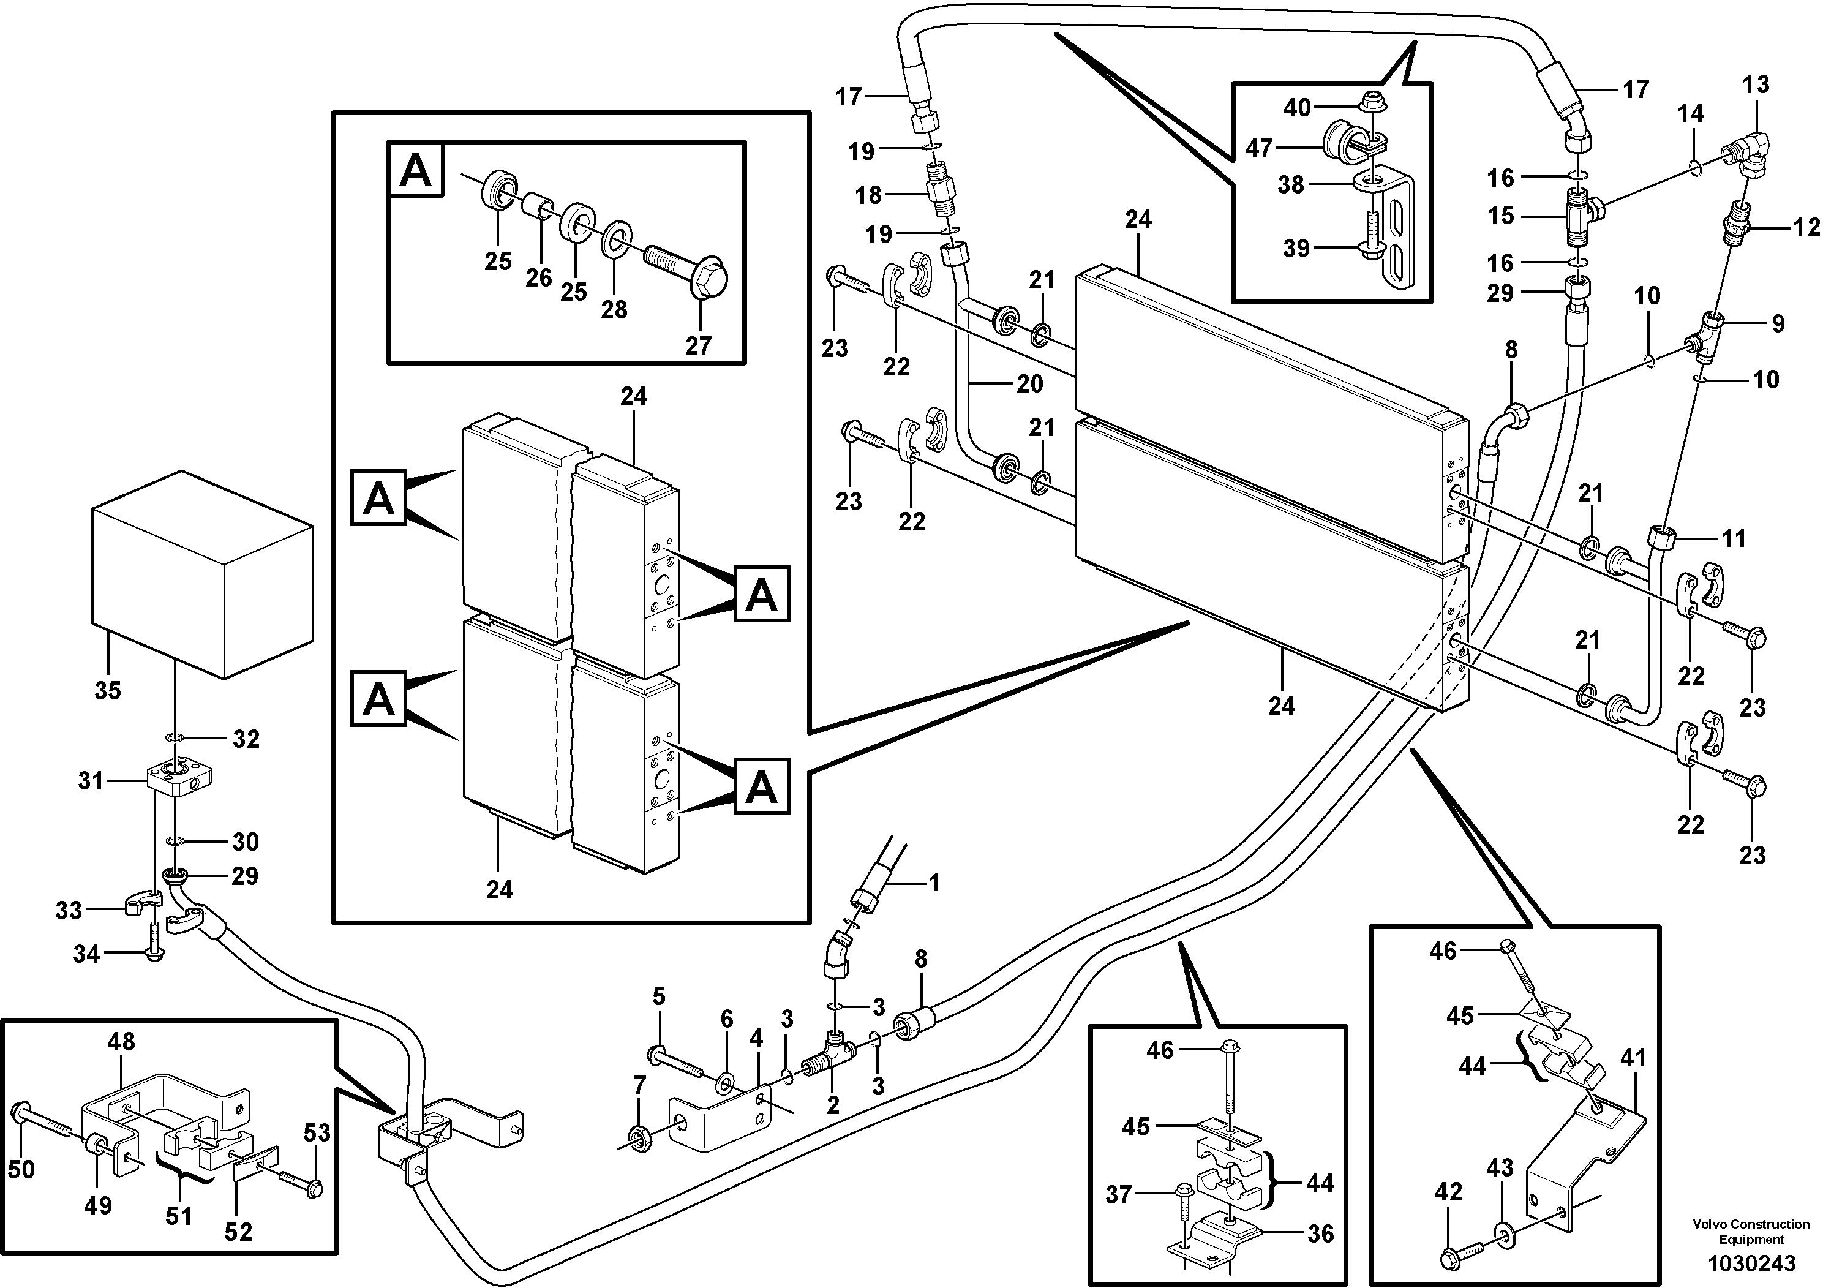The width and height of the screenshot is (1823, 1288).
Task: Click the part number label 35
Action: (x=108, y=690)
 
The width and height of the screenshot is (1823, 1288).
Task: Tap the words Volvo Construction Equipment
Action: (x=1751, y=1231)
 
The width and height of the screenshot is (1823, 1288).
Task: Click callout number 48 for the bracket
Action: (x=121, y=1041)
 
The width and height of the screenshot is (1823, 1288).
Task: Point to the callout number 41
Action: (x=1634, y=1058)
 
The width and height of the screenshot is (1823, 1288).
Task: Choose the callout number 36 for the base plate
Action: (x=1320, y=1233)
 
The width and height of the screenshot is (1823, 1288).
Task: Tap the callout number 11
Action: (x=1734, y=538)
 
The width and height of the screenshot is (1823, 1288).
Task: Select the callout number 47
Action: (x=1259, y=148)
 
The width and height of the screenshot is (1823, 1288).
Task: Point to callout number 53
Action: (x=317, y=1132)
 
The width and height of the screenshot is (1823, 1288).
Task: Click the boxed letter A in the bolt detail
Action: (x=416, y=170)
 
